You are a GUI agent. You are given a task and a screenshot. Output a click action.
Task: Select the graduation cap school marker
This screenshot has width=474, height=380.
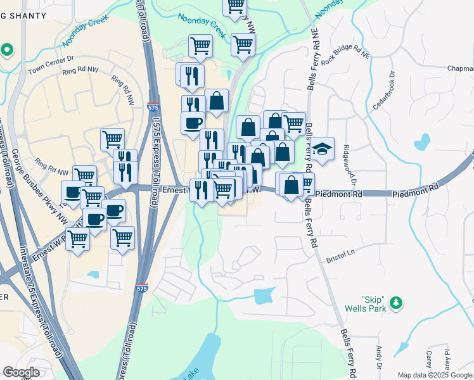click(x=322, y=149)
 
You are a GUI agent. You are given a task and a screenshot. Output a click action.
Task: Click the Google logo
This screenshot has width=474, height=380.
click(x=22, y=372)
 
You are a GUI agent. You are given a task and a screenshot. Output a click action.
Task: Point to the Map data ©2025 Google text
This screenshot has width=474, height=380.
click(x=434, y=375)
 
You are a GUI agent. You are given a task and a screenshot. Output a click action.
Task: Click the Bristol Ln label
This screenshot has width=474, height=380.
click(x=340, y=255)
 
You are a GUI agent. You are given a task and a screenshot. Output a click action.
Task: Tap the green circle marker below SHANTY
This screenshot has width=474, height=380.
click(x=7, y=49)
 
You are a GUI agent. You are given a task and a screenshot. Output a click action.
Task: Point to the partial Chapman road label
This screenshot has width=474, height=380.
click(x=461, y=68)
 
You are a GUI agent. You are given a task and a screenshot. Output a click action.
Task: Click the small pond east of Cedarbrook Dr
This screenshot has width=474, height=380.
click(x=422, y=142)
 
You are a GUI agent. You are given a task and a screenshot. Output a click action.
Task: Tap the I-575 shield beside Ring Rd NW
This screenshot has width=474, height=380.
click(x=153, y=108)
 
